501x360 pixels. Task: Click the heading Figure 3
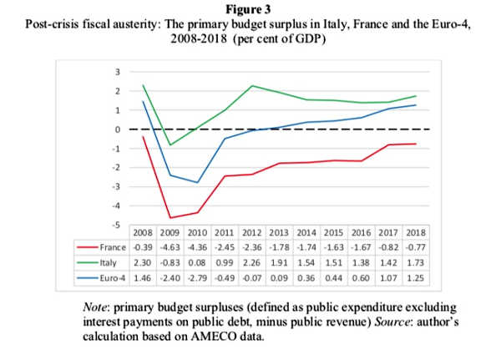pyautogui.click(x=250, y=10)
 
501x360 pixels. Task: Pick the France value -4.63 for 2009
pyautogui.click(x=171, y=246)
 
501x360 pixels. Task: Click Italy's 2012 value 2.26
pyautogui.click(x=250, y=261)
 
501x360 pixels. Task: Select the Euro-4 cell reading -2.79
pyautogui.click(x=198, y=276)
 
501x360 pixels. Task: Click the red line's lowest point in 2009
pyautogui.click(x=171, y=217)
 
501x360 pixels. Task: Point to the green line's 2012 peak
pyautogui.click(x=251, y=86)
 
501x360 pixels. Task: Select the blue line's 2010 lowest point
pyautogui.click(x=198, y=182)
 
